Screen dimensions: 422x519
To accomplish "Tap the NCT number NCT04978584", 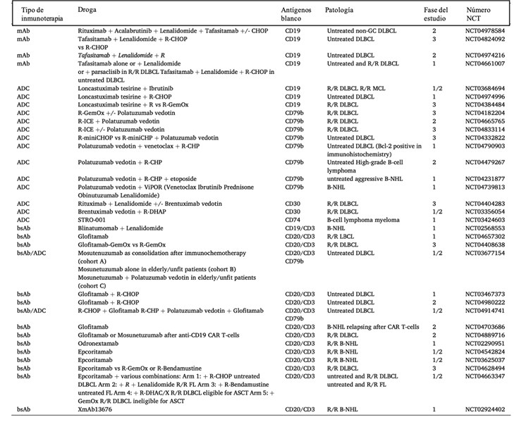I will pos(485,31).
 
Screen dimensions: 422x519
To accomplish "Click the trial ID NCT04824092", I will pos(485,39).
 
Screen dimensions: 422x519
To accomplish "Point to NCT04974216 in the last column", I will pos(485,55).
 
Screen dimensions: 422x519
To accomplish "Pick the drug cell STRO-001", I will pos(92,220).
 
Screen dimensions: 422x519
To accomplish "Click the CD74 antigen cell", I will pos(292,220).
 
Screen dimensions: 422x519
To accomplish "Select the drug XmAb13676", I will pos(94,409).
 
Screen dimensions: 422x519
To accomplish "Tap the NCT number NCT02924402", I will pos(485,409).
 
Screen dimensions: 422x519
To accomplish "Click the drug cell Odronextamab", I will pos(98,344).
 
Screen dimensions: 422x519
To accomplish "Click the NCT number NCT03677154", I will pos(485,252).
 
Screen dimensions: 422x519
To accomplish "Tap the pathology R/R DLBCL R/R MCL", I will pos(357,87).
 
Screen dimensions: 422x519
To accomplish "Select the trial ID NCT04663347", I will pos(485,376).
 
